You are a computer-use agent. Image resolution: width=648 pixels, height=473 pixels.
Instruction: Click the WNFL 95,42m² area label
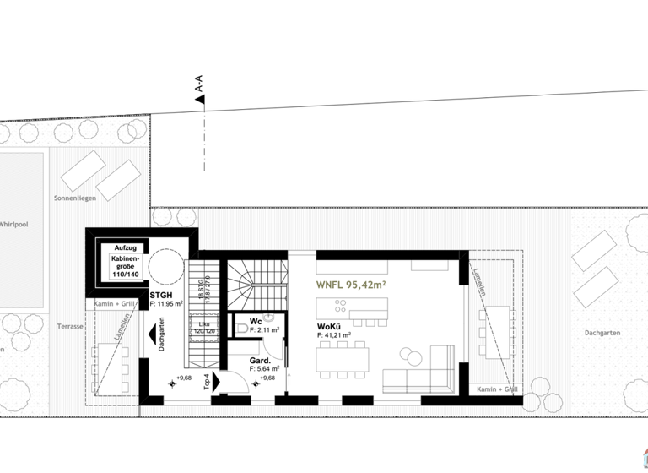tap(351, 285)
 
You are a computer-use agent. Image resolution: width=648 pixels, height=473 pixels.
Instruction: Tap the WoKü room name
tap(330, 326)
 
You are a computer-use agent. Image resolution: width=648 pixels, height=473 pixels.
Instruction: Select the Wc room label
tap(256, 321)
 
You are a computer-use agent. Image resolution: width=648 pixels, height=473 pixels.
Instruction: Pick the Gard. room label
tap(259, 360)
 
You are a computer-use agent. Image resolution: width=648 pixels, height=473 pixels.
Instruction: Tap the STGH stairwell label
tap(161, 295)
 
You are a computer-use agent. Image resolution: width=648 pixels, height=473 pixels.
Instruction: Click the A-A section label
tap(199, 84)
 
